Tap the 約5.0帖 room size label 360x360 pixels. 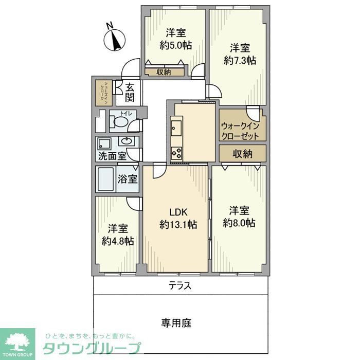(x=176, y=45)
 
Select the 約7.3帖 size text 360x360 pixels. (x=240, y=61)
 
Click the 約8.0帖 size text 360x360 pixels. (x=239, y=223)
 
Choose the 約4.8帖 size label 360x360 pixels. (x=118, y=241)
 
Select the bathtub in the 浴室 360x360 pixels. (x=106, y=179)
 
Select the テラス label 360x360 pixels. (x=180, y=286)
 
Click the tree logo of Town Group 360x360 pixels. (x=17, y=341)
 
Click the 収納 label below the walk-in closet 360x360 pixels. (x=242, y=153)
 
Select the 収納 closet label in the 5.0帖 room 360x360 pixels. (x=164, y=72)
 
